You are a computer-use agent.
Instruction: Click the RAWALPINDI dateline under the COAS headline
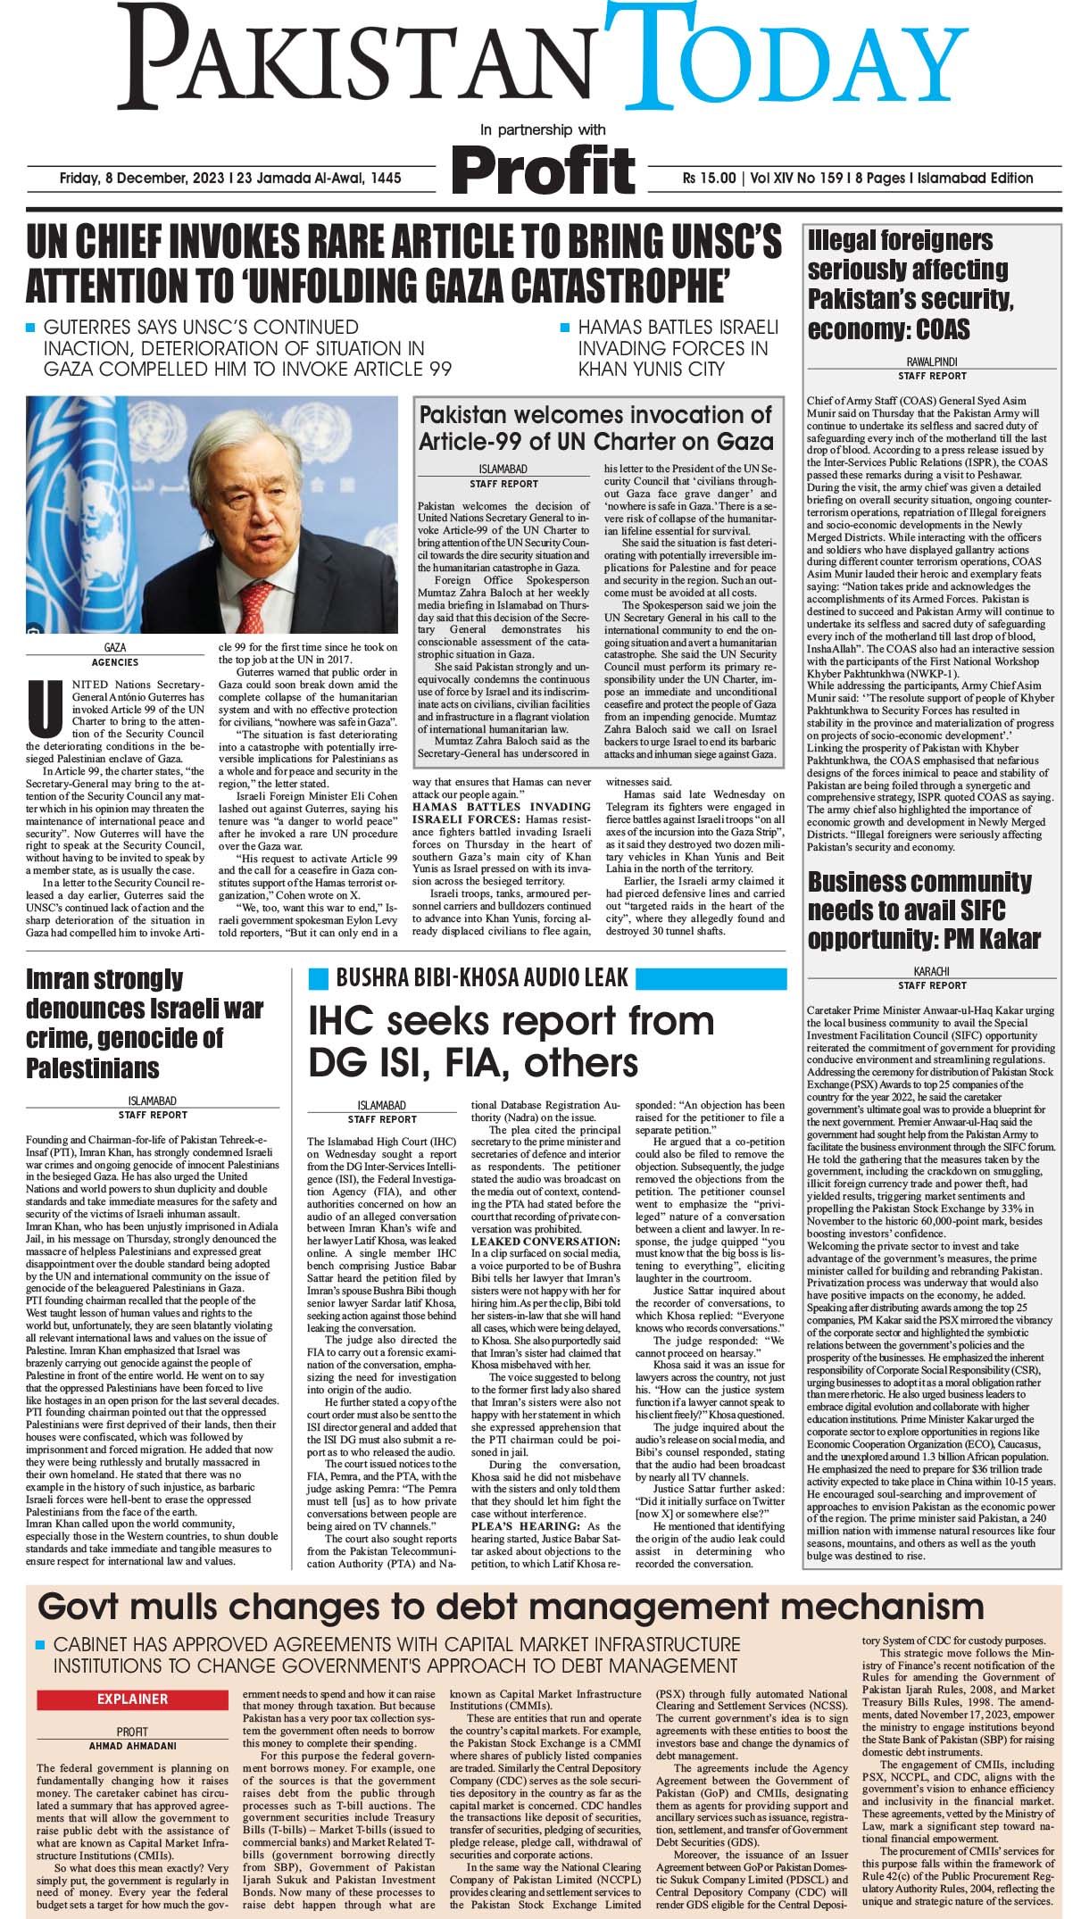coord(932,363)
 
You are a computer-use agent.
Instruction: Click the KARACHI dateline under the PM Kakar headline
coord(932,971)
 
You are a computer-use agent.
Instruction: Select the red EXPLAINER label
coord(132,1699)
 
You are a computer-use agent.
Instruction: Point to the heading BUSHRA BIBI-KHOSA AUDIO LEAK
coord(482,977)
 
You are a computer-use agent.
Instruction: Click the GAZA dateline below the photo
coord(115,647)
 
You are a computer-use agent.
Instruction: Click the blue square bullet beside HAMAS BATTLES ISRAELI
coord(564,328)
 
